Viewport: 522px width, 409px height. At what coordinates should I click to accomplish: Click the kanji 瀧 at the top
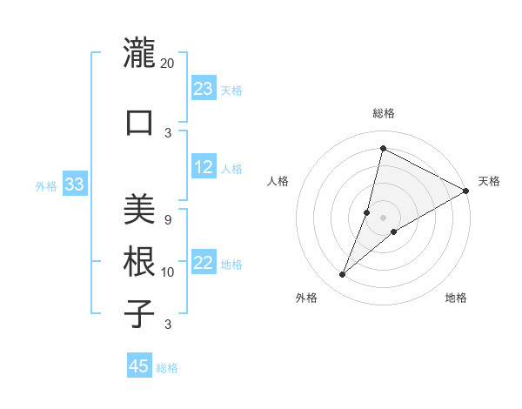[139, 53]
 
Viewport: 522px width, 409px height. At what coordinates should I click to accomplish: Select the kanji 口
[139, 122]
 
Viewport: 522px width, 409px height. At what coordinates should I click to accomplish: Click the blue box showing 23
[204, 89]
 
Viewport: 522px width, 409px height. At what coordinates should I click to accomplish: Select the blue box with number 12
[204, 167]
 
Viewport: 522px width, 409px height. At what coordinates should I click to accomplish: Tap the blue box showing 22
[204, 263]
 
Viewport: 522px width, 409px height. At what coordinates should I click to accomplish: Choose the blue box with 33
[74, 184]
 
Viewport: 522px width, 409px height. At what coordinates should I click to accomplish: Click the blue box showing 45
[139, 366]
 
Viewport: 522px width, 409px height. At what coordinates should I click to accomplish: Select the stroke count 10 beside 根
[167, 272]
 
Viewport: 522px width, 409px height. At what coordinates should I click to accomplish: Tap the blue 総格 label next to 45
[167, 368]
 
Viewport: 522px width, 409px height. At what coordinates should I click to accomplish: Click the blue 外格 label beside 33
[46, 185]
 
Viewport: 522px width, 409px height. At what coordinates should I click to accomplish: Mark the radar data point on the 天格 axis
[466, 191]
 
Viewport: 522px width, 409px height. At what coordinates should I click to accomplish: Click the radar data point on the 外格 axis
[343, 275]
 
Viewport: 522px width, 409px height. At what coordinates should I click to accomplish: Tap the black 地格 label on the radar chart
[456, 298]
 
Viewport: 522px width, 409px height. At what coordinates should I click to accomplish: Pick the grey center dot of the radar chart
[383, 218]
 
